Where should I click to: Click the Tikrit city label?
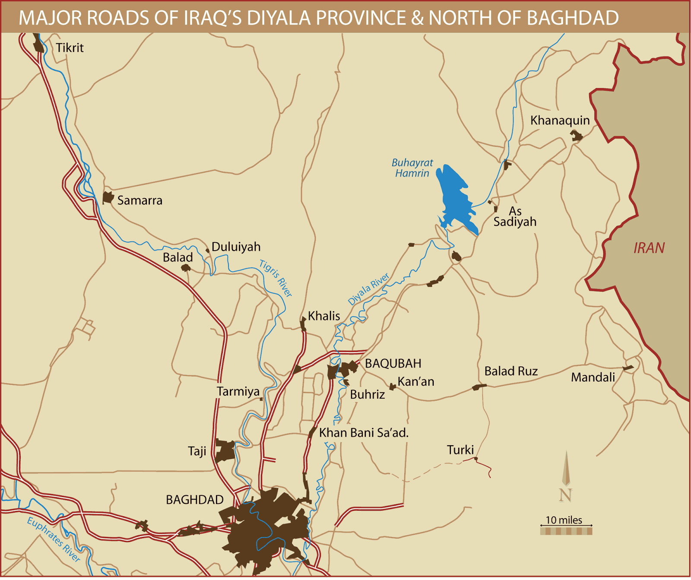pos(70,48)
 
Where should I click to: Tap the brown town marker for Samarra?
pos(108,198)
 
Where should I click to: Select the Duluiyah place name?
pos(236,247)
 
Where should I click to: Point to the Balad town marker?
pos(186,268)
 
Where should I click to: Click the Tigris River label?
pos(276,278)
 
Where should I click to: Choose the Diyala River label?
pos(368,289)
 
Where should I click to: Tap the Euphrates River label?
pos(54,539)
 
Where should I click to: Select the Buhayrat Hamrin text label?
pos(412,168)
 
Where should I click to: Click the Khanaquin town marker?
pos(576,136)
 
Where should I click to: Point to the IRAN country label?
pos(649,248)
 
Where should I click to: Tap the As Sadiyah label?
pos(515,216)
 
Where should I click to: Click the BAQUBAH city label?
pos(393,363)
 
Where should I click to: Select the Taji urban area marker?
pos(225,450)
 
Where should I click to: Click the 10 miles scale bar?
pos(566,531)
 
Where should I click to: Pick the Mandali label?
pos(593,377)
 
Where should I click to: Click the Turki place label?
pos(460,450)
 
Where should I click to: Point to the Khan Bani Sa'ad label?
pos(364,433)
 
